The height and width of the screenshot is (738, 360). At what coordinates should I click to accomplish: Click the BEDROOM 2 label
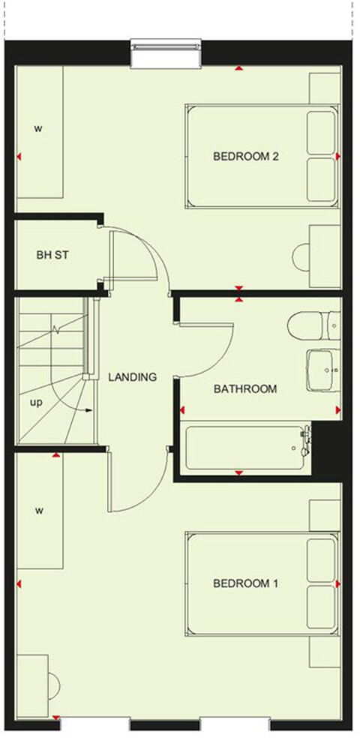(x=246, y=157)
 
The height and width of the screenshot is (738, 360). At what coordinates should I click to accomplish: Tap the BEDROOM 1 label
(x=246, y=583)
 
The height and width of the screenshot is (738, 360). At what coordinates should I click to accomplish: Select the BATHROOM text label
(x=245, y=389)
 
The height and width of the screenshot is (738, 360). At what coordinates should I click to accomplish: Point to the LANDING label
(x=133, y=377)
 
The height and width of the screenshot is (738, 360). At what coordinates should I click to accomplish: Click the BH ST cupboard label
(x=52, y=256)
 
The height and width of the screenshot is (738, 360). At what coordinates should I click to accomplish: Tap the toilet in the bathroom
(x=308, y=325)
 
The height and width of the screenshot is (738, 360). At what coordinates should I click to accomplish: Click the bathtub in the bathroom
(x=244, y=449)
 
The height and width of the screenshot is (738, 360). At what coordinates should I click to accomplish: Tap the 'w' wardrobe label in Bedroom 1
(x=36, y=511)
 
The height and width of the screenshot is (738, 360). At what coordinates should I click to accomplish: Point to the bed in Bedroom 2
(x=261, y=157)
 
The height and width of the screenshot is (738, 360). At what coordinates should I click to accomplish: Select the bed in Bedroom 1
(x=261, y=583)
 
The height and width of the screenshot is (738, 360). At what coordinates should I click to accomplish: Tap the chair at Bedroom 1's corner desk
(x=53, y=683)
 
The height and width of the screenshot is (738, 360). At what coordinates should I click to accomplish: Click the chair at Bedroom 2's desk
(x=302, y=258)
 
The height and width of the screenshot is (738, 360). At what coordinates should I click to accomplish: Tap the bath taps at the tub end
(x=305, y=442)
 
